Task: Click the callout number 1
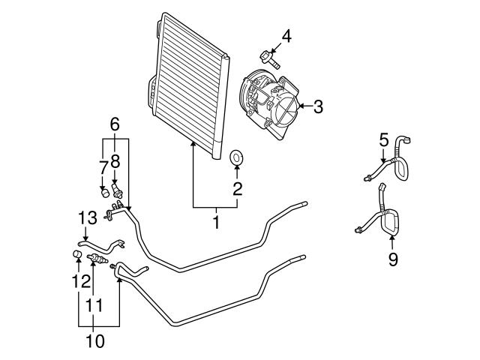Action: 216,222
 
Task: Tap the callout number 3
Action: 317,106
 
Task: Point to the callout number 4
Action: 286,35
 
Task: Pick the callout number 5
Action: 383,139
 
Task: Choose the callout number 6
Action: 115,124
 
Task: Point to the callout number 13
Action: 87,217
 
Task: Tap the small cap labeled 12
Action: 77,259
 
